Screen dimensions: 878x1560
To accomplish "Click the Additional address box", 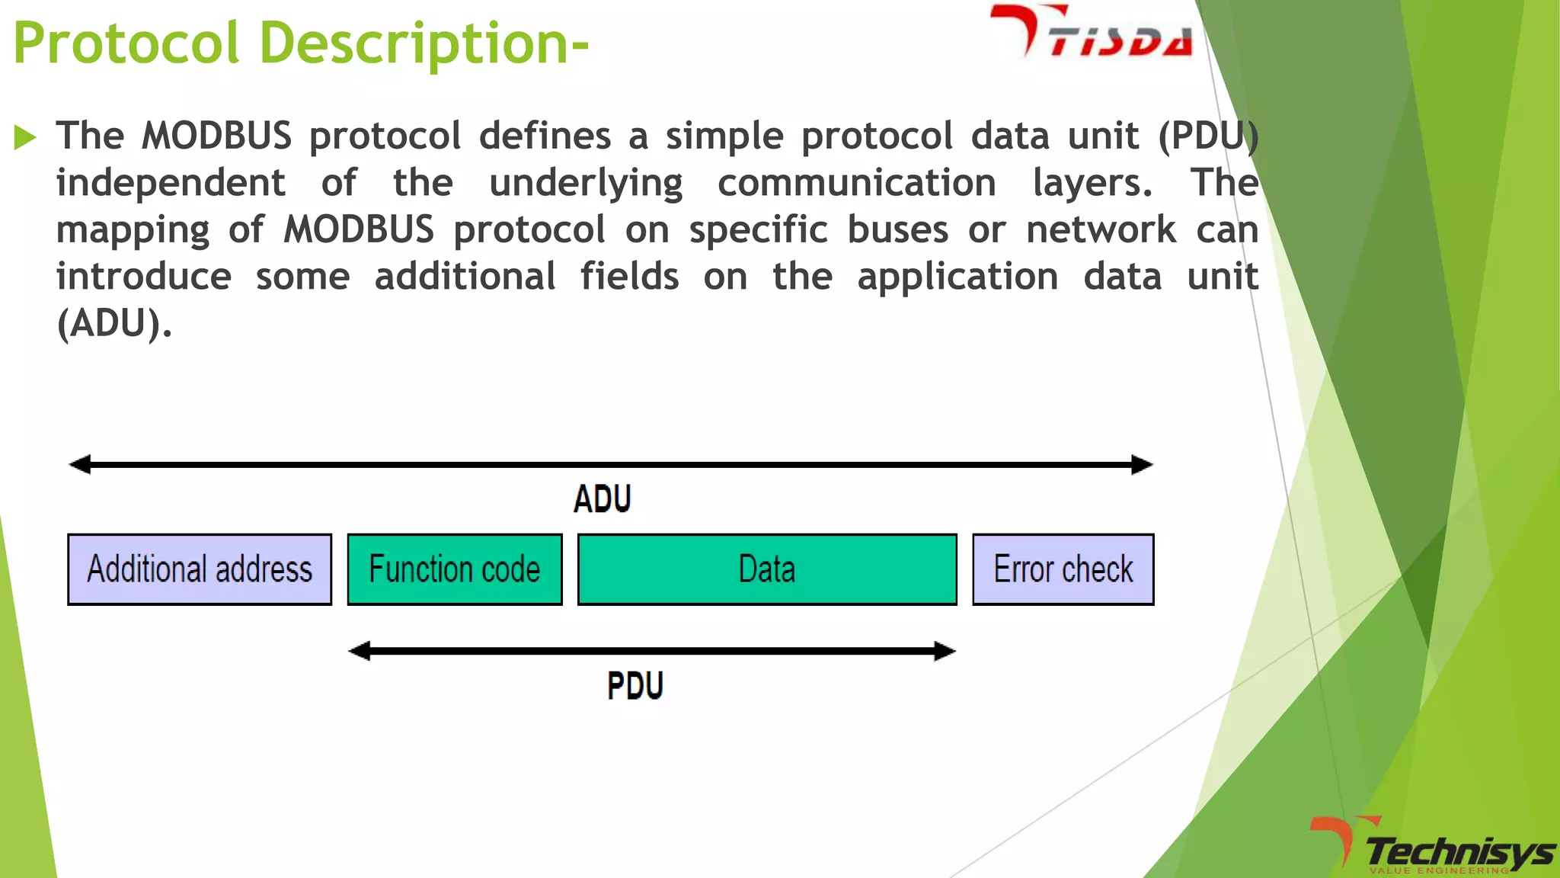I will click(200, 569).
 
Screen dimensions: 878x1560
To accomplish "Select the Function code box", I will click(455, 569).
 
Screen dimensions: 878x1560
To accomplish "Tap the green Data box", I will click(767, 569).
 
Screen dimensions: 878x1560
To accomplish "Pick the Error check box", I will click(1063, 569).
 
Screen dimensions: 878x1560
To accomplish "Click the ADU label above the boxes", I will click(602, 499).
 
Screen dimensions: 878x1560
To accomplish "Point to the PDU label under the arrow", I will click(635, 685).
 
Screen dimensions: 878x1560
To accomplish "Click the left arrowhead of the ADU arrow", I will click(80, 464).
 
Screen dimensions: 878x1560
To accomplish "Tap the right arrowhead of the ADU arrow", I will click(1142, 464).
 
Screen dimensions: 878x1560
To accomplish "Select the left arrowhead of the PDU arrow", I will click(360, 651).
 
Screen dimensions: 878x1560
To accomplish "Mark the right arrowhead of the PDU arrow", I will click(945, 651).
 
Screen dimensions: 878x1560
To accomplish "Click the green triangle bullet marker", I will click(25, 138).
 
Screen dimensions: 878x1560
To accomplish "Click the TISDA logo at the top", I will click(1091, 32).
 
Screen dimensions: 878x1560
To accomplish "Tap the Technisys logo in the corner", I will click(1432, 846).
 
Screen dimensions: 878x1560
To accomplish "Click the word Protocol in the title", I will click(126, 43).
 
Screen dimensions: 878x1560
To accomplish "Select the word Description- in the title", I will click(424, 43).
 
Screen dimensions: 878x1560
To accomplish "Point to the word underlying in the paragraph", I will click(586, 184).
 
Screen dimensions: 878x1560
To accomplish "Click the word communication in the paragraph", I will click(856, 184).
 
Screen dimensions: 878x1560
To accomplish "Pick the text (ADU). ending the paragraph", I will click(114, 324).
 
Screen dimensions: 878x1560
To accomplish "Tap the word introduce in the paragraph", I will click(144, 277).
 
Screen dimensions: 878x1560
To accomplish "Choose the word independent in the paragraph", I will click(171, 184).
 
